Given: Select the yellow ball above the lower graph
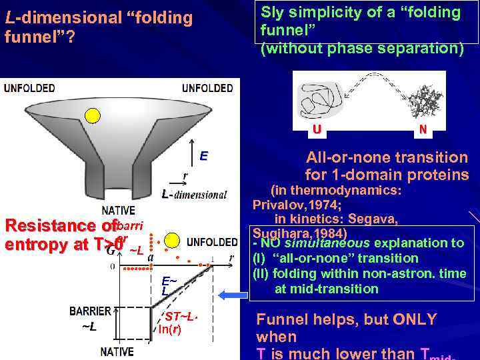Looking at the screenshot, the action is click(172, 241).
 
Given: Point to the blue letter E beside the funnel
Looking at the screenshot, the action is click(203, 156).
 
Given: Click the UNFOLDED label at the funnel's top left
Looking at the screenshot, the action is click(29, 88).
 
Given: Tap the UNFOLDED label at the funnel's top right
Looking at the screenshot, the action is click(207, 88).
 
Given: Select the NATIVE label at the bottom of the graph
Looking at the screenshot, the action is click(117, 351).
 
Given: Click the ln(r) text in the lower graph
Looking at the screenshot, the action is click(169, 329).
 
